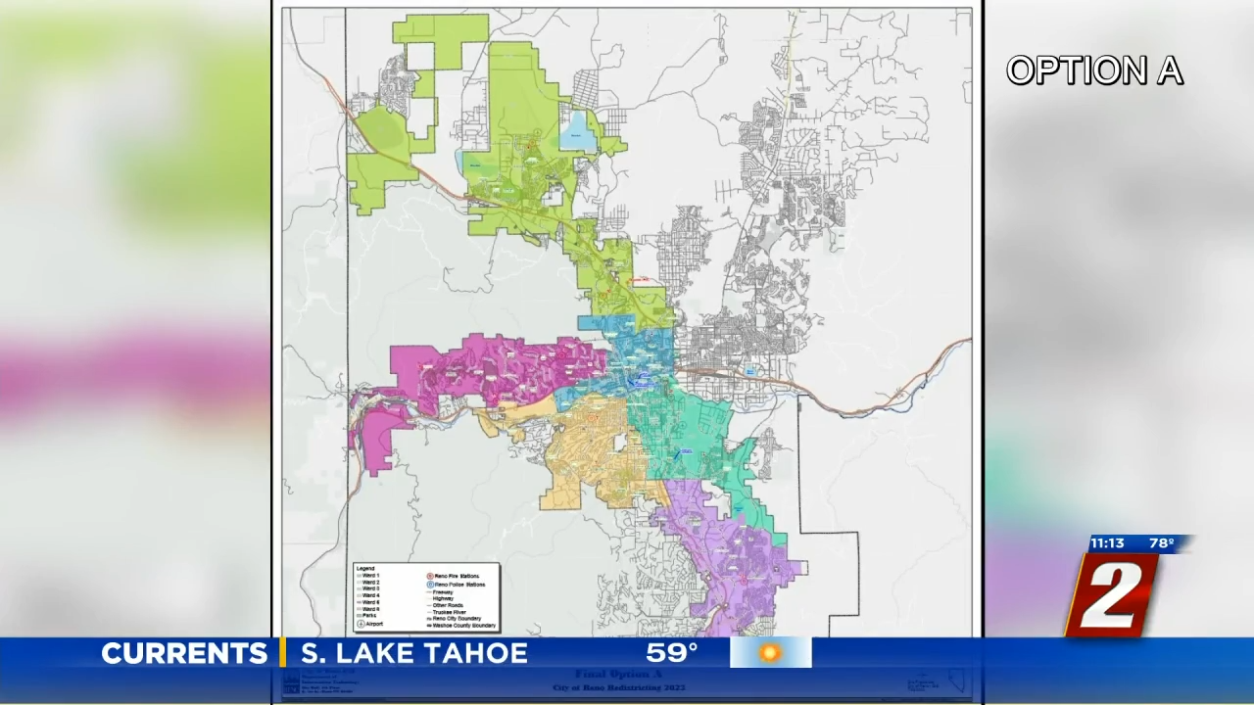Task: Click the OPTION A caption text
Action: click(x=1094, y=70)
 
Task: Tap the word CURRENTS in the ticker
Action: click(x=184, y=653)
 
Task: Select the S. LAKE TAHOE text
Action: click(x=413, y=653)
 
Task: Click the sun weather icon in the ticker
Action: click(x=770, y=653)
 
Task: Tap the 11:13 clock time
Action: click(x=1107, y=543)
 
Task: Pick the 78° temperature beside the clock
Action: click(x=1162, y=543)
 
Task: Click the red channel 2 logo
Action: click(x=1112, y=594)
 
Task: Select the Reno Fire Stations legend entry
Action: click(x=457, y=576)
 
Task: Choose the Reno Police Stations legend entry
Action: click(x=458, y=585)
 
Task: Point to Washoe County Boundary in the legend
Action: click(x=463, y=625)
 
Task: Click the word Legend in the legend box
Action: click(x=365, y=568)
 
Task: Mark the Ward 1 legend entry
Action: click(x=370, y=576)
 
